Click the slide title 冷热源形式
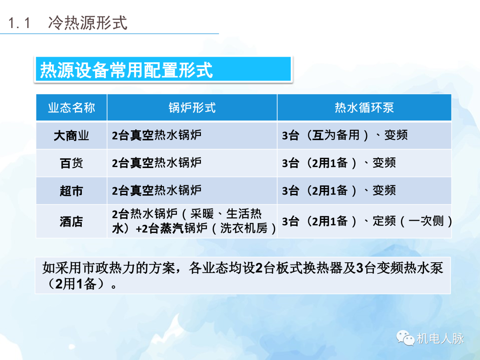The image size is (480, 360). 88,22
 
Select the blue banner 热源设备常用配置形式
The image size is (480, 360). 163,70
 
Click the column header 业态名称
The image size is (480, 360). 72,108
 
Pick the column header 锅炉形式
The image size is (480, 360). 192,108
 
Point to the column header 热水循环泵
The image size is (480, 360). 364,108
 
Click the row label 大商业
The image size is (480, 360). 72,136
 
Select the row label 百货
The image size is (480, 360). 72,163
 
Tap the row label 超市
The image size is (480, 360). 72,191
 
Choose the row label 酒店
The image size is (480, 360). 72,221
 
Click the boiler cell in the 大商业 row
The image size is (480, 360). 157,136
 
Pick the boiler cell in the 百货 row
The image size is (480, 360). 157,163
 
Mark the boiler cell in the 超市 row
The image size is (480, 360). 157,191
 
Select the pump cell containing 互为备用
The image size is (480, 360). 344,136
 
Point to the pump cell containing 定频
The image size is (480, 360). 367,221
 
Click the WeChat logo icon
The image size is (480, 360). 405,338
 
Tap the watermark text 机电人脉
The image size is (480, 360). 440,339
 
